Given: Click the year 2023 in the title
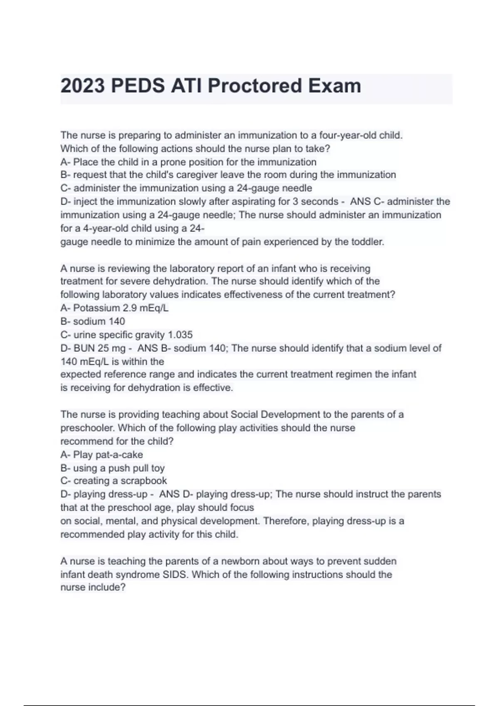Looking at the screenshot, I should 83,86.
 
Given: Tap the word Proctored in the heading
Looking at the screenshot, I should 254,86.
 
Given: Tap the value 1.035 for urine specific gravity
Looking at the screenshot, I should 180,335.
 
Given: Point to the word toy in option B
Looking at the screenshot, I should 158,468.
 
